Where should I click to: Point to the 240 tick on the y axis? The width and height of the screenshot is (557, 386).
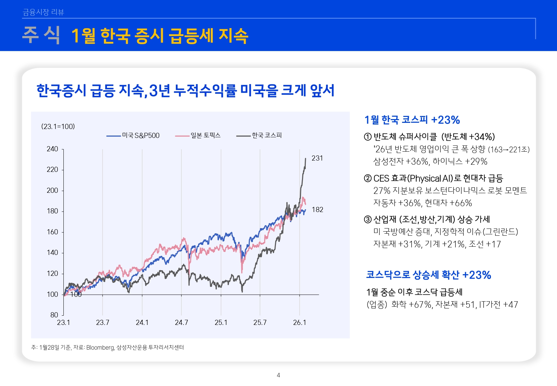click(52, 149)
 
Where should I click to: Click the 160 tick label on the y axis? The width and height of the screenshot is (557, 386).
click(52, 232)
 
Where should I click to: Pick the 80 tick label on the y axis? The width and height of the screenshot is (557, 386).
click(54, 315)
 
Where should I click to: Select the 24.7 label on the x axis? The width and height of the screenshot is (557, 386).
click(181, 323)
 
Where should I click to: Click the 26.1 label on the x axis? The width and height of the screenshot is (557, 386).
click(300, 323)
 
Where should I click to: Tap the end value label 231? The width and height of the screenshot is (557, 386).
click(317, 158)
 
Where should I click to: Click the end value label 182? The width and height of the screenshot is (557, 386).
click(317, 210)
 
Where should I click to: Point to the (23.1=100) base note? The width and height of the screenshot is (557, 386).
click(58, 127)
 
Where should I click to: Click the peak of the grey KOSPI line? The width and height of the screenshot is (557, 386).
click(305, 159)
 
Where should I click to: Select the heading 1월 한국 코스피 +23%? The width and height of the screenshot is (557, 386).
click(412, 120)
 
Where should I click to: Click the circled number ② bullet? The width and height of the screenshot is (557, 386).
click(367, 178)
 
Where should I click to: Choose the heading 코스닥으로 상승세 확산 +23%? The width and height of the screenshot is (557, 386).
click(428, 275)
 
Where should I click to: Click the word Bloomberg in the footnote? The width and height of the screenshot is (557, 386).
click(100, 348)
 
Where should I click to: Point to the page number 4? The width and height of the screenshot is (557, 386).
click(278, 375)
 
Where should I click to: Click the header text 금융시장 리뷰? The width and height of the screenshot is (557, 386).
click(43, 12)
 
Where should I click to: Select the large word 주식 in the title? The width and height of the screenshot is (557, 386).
click(41, 35)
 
